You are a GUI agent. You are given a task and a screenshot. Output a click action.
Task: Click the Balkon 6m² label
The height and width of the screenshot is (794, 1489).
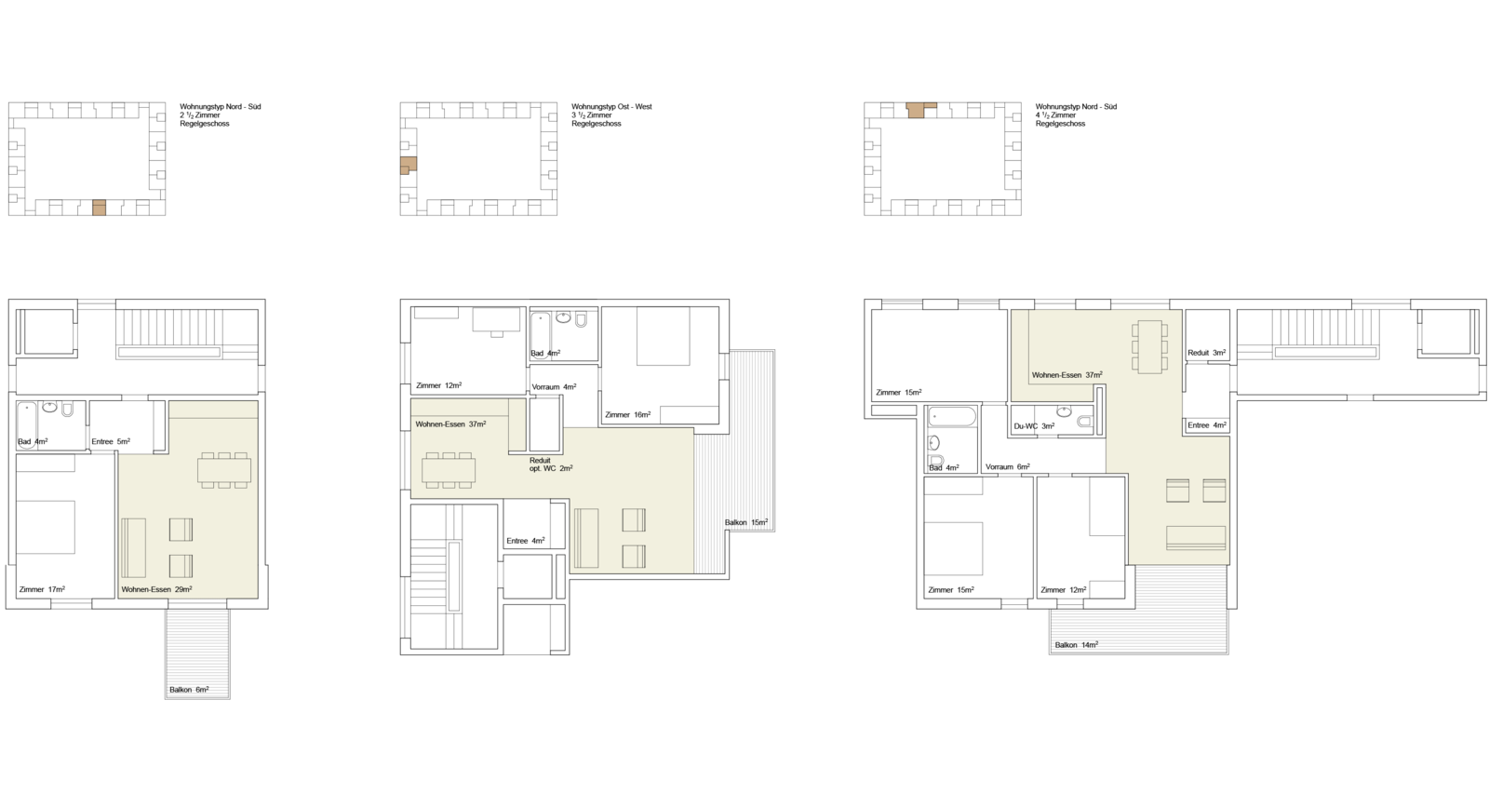pyautogui.click(x=189, y=690)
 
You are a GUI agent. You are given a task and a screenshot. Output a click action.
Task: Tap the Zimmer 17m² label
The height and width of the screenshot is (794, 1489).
pyautogui.click(x=42, y=589)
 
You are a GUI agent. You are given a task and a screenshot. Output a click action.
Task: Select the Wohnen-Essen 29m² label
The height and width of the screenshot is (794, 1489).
pyautogui.click(x=157, y=589)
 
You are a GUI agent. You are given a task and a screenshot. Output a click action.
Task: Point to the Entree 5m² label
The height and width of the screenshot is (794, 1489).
pyautogui.click(x=111, y=441)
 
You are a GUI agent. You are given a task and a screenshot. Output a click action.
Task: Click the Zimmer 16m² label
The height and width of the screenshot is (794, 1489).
pyautogui.click(x=627, y=415)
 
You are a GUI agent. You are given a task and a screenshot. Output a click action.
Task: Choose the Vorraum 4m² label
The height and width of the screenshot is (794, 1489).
pyautogui.click(x=554, y=386)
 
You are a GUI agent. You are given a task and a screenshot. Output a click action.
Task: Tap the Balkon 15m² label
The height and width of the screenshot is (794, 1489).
pyautogui.click(x=745, y=523)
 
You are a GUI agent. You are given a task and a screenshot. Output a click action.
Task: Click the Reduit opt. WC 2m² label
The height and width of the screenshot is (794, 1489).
pyautogui.click(x=551, y=464)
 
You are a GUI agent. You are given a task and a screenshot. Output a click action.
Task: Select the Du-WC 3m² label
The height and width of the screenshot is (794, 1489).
pyautogui.click(x=1034, y=426)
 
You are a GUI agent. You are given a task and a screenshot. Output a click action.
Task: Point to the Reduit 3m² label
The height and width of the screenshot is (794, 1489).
pyautogui.click(x=1206, y=353)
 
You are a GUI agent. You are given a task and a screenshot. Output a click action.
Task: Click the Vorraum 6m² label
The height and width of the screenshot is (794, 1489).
pyautogui.click(x=1008, y=467)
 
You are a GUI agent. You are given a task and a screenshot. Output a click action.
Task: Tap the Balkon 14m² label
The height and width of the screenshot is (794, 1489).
pyautogui.click(x=1076, y=645)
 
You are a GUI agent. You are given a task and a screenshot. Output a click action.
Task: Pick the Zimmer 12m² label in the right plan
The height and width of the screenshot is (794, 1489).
pyautogui.click(x=1064, y=590)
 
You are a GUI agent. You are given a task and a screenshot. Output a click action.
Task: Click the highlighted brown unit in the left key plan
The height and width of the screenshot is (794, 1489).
pyautogui.click(x=99, y=208)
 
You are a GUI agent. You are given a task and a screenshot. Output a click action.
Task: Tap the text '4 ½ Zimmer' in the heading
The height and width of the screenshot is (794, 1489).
pyautogui.click(x=1055, y=115)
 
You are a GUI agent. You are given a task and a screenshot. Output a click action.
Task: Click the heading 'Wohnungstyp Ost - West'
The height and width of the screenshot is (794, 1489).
pyautogui.click(x=611, y=106)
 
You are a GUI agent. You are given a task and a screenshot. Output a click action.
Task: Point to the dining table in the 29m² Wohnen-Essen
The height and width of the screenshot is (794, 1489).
pyautogui.click(x=224, y=470)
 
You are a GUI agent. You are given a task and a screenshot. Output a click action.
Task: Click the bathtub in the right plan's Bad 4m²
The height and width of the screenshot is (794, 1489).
pyautogui.click(x=953, y=417)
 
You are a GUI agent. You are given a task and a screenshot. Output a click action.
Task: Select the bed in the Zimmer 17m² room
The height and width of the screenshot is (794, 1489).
pyautogui.click(x=46, y=528)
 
